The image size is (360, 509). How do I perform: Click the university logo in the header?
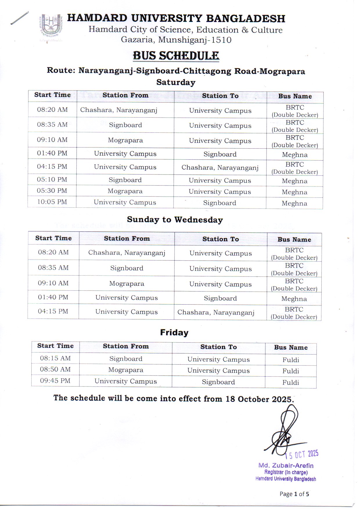tap(50, 28)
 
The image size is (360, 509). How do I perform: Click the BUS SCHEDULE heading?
tap(176, 55)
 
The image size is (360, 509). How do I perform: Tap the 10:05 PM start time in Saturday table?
tap(52, 202)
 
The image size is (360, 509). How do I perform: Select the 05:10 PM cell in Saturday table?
tap(52, 179)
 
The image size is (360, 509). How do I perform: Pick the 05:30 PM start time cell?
tap(52, 191)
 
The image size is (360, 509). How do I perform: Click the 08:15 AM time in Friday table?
tap(55, 358)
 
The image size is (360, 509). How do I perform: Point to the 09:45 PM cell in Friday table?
tap(55, 381)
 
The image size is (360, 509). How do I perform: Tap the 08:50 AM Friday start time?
tap(55, 369)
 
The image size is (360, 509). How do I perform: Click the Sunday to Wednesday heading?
tap(175, 220)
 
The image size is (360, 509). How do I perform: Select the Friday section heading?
tap(174, 332)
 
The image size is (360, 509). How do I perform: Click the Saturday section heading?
tap(176, 82)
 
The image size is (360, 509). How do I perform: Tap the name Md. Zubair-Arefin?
tap(286, 465)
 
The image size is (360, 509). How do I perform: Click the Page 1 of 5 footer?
tap(294, 494)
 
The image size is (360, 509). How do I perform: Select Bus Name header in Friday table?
tap(291, 348)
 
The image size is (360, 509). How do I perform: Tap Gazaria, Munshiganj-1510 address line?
tap(176, 40)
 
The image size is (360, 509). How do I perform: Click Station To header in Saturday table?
tap(220, 96)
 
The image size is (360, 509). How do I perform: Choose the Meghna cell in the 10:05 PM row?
tap(294, 203)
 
